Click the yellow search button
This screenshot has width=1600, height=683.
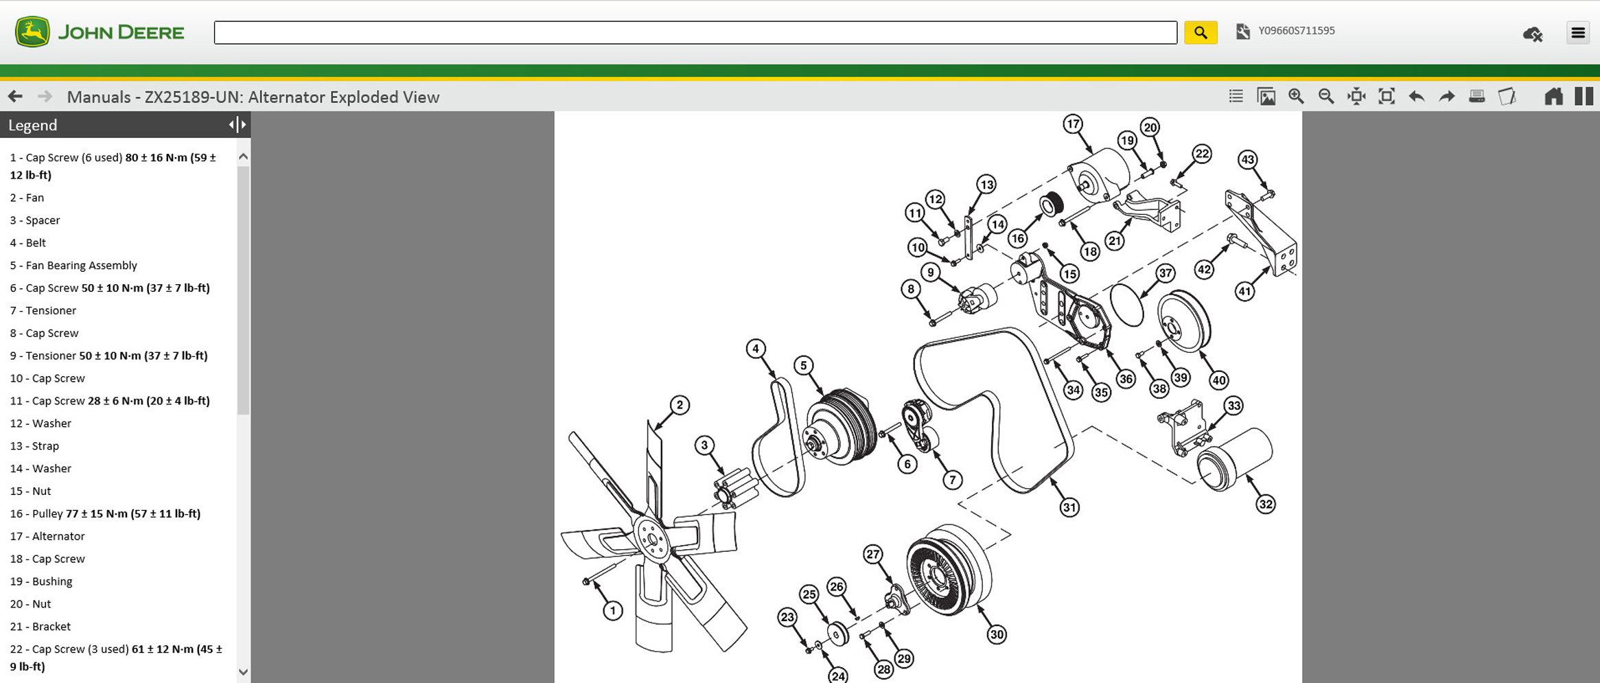pos(1201,32)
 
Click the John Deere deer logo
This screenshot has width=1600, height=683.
pos(32,32)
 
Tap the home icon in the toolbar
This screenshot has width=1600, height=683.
pos(1553,97)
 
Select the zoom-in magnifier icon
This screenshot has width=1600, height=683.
pos(1296,97)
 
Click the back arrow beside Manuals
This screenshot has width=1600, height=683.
pos(15,97)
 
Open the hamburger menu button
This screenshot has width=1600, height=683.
pos(1578,32)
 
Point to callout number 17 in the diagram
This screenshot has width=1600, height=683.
pos(1073,124)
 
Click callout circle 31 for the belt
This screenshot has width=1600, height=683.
pos(1069,507)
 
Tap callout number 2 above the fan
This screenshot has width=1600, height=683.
pos(680,405)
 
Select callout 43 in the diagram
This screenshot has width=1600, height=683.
pos(1247,160)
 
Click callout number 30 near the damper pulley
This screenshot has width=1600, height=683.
pos(997,635)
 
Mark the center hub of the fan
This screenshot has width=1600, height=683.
pos(651,540)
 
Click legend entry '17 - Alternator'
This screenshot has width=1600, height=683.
pos(47,536)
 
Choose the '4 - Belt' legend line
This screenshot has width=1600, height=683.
pos(27,242)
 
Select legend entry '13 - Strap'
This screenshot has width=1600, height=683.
pos(34,445)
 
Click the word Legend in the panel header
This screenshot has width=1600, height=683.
pos(32,125)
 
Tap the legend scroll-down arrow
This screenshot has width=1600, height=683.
pos(243,672)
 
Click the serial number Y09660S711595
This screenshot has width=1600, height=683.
pos(1296,31)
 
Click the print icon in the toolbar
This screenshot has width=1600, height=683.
pos(1476,97)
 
